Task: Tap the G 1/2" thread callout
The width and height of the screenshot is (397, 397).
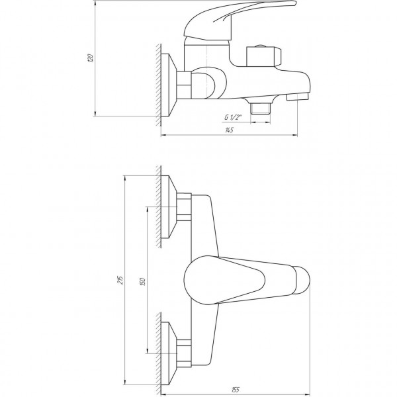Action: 232,117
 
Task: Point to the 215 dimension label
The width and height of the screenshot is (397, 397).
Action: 120,279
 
